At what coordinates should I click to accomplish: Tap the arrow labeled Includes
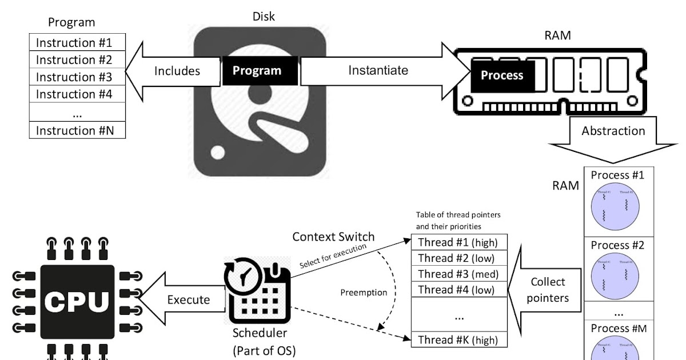(x=171, y=71)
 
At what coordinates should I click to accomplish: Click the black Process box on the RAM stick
(x=502, y=75)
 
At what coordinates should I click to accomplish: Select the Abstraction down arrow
(x=613, y=137)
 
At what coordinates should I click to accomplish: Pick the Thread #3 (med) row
(x=460, y=274)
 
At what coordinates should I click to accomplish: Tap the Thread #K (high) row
(x=460, y=339)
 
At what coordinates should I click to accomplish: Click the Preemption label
(x=364, y=292)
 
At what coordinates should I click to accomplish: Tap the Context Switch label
(x=333, y=237)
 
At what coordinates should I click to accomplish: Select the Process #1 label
(x=617, y=175)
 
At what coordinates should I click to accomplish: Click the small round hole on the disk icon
(x=218, y=153)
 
